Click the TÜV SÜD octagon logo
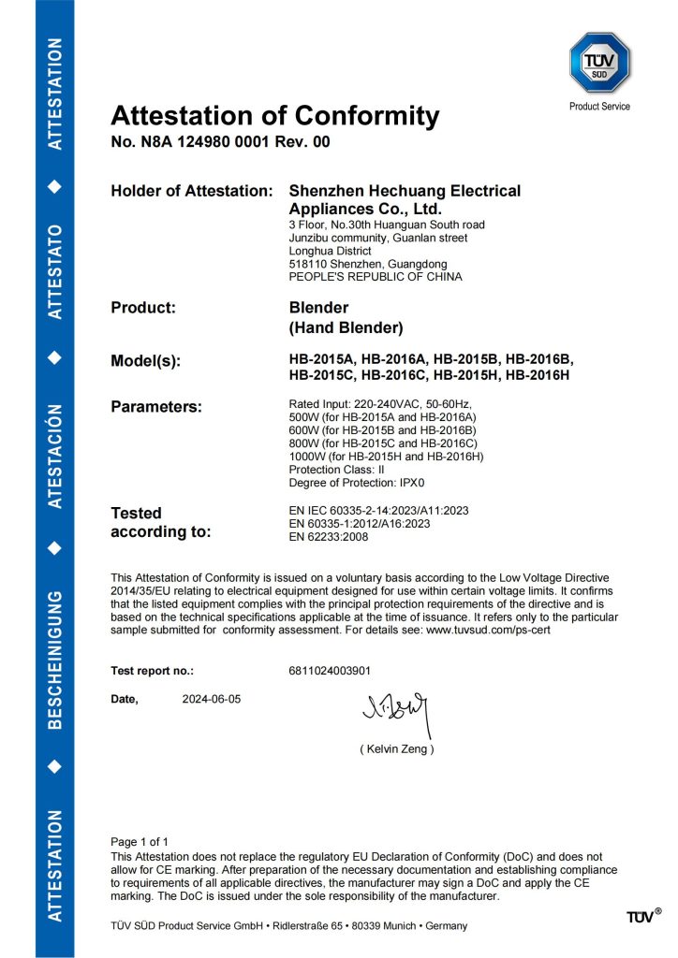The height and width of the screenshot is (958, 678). coord(599,63)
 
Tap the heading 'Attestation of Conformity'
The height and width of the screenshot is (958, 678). coord(274,116)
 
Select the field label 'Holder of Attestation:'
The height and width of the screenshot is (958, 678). coord(191,191)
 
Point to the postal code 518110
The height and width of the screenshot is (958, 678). coord(310,264)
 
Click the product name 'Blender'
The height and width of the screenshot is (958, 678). coord(319,307)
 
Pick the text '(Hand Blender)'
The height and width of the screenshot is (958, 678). coord(346,327)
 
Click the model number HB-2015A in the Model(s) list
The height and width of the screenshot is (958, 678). coord(322,359)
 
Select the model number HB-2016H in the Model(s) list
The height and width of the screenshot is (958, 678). coord(538,376)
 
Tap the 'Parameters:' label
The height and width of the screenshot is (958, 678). coord(156,407)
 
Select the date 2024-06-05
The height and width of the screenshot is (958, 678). coord(212,699)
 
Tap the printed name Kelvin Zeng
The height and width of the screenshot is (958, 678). coord(396,749)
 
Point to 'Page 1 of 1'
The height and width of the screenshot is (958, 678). coord(140,841)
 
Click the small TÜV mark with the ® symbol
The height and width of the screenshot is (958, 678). coord(643,916)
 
